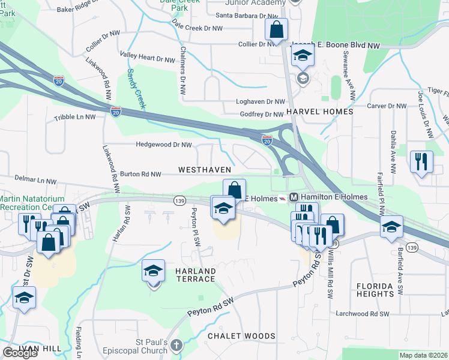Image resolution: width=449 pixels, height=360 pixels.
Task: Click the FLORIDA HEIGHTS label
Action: [383, 290]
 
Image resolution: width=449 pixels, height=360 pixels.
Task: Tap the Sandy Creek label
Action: [136, 88]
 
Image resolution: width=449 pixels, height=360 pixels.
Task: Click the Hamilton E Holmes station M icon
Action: [294, 197]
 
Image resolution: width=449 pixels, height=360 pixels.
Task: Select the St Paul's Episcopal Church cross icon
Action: [175, 345]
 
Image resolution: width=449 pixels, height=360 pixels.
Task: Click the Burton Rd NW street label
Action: [141, 174]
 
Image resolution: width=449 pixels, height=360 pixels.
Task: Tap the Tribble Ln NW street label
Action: [75, 118]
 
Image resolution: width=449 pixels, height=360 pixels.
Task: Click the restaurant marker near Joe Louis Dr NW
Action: [421, 161]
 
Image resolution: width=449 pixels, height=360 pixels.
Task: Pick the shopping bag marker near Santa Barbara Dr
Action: [277, 29]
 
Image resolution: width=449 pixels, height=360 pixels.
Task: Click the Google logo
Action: [20, 353]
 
